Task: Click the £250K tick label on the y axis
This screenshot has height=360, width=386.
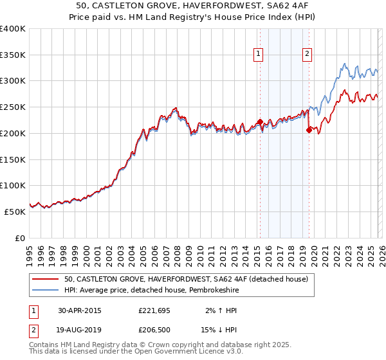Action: [x=13, y=107]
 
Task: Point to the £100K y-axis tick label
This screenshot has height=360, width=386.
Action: [x=13, y=185]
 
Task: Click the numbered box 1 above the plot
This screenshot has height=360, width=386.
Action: [x=258, y=54]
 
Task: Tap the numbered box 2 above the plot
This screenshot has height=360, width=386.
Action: [x=308, y=54]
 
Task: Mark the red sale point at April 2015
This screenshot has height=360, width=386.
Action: [x=260, y=122]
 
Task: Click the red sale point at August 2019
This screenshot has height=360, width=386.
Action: [x=309, y=130]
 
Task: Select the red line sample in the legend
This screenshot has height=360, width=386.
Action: [x=46, y=279]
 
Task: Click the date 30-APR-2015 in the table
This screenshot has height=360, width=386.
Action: [x=80, y=310]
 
